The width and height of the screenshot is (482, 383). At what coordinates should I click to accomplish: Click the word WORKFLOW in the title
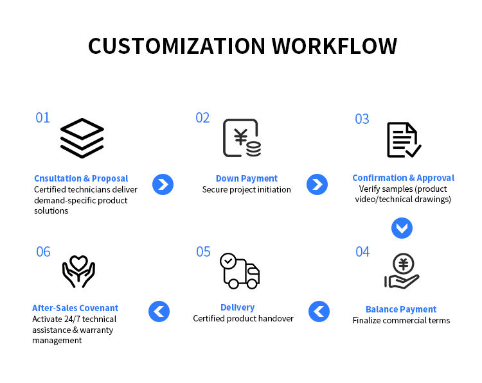[334, 46]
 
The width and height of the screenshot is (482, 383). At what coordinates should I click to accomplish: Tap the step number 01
[42, 117]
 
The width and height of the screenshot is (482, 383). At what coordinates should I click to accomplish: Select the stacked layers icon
[82, 137]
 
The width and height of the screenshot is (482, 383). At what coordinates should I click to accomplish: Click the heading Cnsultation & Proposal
[81, 178]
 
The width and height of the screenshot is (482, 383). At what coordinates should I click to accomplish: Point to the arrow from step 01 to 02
[163, 185]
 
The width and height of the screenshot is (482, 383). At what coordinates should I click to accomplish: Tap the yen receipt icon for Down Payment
[242, 138]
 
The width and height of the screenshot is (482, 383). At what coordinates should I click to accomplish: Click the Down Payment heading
[247, 178]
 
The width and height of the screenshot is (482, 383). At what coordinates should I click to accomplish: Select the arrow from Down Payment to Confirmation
[317, 185]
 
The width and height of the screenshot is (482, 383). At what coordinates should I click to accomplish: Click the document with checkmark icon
[404, 140]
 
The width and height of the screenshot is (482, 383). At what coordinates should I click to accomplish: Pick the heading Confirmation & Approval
[403, 178]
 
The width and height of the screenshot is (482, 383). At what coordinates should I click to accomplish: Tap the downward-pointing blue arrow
[402, 228]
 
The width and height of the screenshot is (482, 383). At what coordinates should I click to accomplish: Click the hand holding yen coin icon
[402, 271]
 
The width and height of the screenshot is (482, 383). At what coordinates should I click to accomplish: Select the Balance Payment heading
[401, 309]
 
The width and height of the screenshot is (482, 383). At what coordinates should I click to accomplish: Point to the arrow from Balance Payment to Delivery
[319, 312]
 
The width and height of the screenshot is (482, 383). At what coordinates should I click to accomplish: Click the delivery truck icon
[239, 271]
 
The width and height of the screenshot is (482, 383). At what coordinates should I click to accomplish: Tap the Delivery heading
[237, 307]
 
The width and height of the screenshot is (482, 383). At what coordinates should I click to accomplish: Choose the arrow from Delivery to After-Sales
[159, 312]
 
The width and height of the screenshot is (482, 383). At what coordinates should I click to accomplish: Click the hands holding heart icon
[78, 271]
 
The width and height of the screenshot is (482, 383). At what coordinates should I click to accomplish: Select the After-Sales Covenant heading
[75, 308]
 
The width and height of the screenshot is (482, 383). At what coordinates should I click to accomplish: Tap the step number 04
[362, 251]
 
